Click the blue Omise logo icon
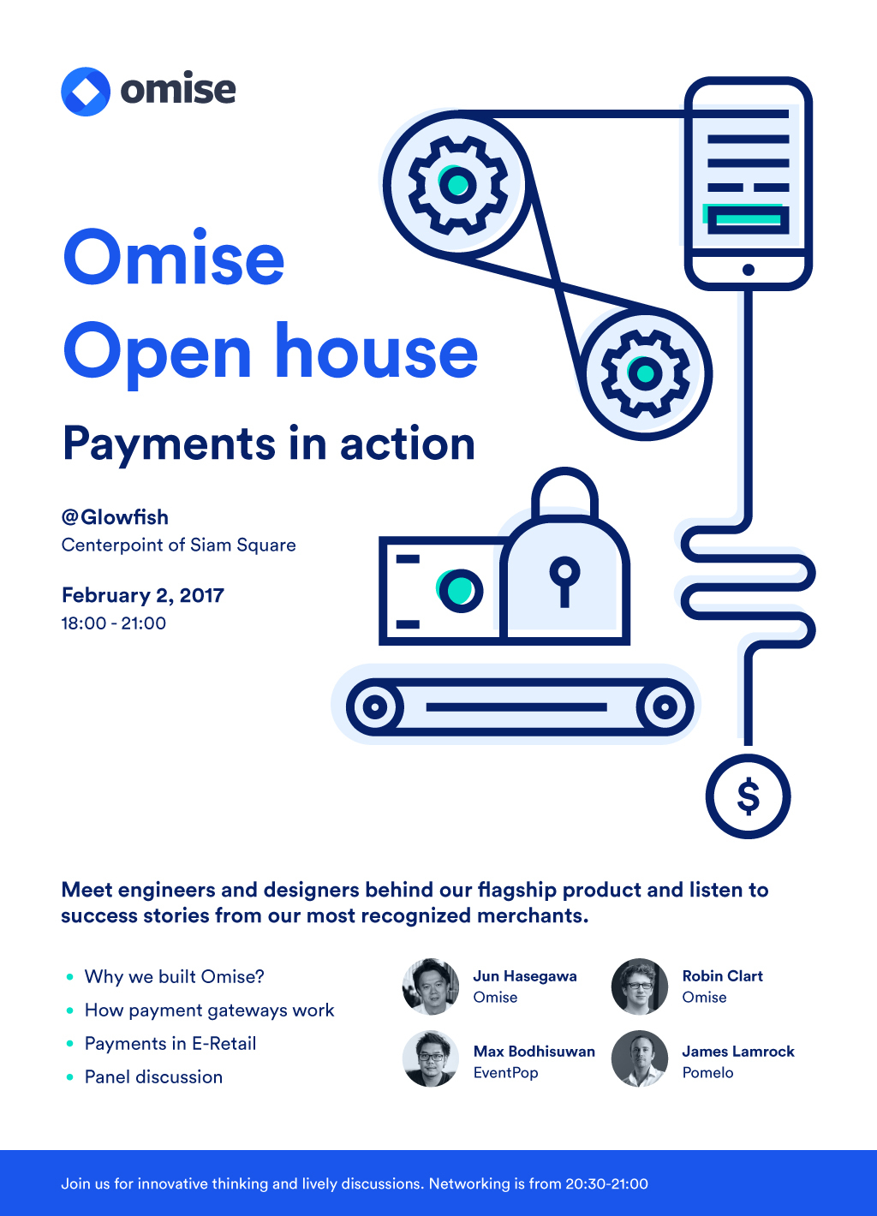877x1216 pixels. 86,92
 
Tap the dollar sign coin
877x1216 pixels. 748,796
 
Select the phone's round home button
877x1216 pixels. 749,269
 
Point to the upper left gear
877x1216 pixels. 458,185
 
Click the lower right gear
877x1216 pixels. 645,373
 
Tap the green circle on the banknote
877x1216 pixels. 460,590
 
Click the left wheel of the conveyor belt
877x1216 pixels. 374,706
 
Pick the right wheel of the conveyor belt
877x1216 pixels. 665,706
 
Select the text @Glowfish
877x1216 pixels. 115,517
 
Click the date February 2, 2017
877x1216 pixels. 143,595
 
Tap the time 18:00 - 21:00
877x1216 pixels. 114,623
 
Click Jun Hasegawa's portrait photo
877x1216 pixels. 431,987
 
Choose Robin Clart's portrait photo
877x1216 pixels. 640,987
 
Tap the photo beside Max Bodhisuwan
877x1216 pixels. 431,1058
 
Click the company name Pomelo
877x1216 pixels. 707,1073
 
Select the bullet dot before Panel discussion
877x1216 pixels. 69,1077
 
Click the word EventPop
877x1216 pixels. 505,1073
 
